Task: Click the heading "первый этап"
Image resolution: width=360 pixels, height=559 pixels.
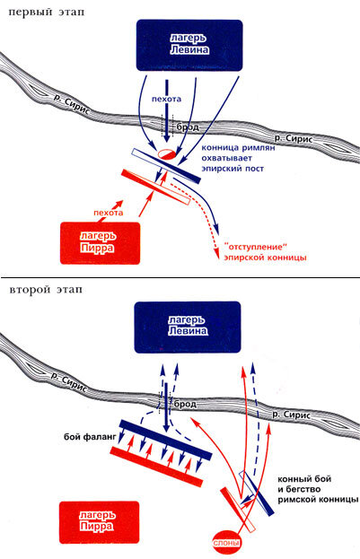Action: coord(47,13)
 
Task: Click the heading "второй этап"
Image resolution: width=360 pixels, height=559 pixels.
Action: coord(46,289)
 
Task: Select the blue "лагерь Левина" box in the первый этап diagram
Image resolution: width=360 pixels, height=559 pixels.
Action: coord(189,45)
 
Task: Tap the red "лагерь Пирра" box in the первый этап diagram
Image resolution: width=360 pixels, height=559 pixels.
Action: coord(101,243)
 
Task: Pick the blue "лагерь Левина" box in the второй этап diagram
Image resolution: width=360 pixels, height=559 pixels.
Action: coord(188,327)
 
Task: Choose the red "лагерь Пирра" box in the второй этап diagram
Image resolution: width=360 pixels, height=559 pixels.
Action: coord(99,522)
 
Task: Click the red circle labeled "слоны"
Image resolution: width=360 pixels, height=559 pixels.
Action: coord(226,543)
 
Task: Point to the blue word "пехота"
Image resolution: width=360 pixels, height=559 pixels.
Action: coord(166,99)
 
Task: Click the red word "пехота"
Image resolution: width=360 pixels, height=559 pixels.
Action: coord(108,213)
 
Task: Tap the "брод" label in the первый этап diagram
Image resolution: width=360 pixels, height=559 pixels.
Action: coord(188,127)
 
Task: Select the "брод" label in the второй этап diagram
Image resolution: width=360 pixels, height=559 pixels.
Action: coord(185,404)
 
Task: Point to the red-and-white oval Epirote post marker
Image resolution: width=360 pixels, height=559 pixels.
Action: coord(167,153)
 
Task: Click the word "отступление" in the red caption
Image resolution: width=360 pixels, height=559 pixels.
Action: coord(255,247)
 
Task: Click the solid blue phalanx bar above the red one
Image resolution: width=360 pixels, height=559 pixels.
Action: coord(165,440)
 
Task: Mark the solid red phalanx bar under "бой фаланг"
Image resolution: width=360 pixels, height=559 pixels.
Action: coord(156,467)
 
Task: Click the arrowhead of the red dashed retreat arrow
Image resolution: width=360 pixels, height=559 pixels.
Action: coord(216,251)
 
